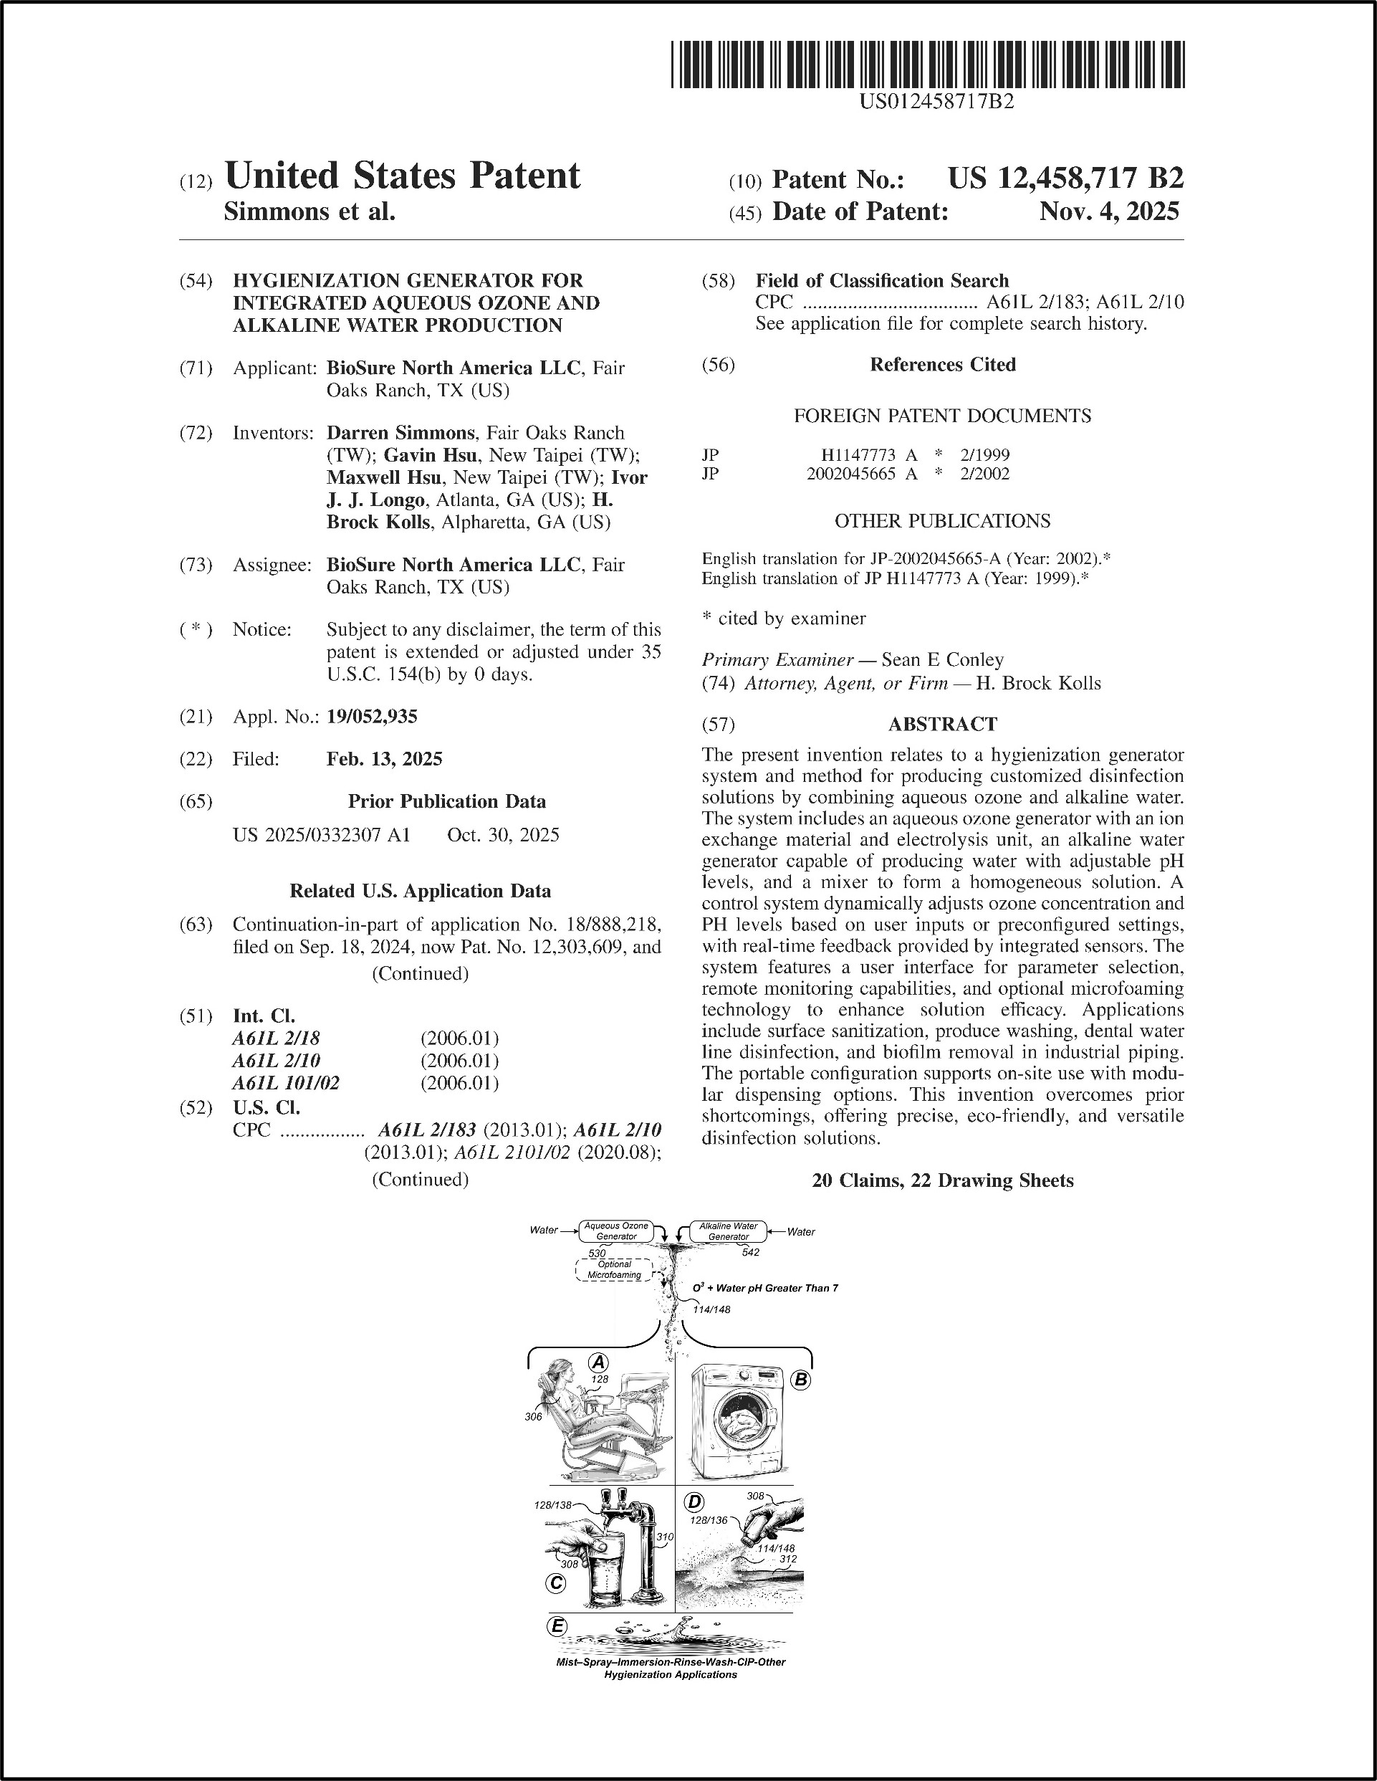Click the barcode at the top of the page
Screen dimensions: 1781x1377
pos(928,65)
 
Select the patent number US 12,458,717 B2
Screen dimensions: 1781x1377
pos(1065,178)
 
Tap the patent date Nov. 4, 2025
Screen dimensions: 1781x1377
pos(1109,212)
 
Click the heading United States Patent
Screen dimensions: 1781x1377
pos(402,176)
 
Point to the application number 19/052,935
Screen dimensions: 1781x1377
pos(372,717)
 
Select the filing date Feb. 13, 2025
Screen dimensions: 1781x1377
pos(384,759)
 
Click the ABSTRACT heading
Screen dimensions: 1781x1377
pos(942,724)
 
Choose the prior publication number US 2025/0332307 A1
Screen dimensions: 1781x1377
pos(321,835)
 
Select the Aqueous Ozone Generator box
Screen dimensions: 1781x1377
pos(616,1231)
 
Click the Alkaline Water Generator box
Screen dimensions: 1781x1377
pos(728,1231)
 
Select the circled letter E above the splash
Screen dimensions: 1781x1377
pos(557,1626)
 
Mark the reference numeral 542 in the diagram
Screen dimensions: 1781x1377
pos(750,1252)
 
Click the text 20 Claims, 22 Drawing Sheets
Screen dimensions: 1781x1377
pos(942,1181)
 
